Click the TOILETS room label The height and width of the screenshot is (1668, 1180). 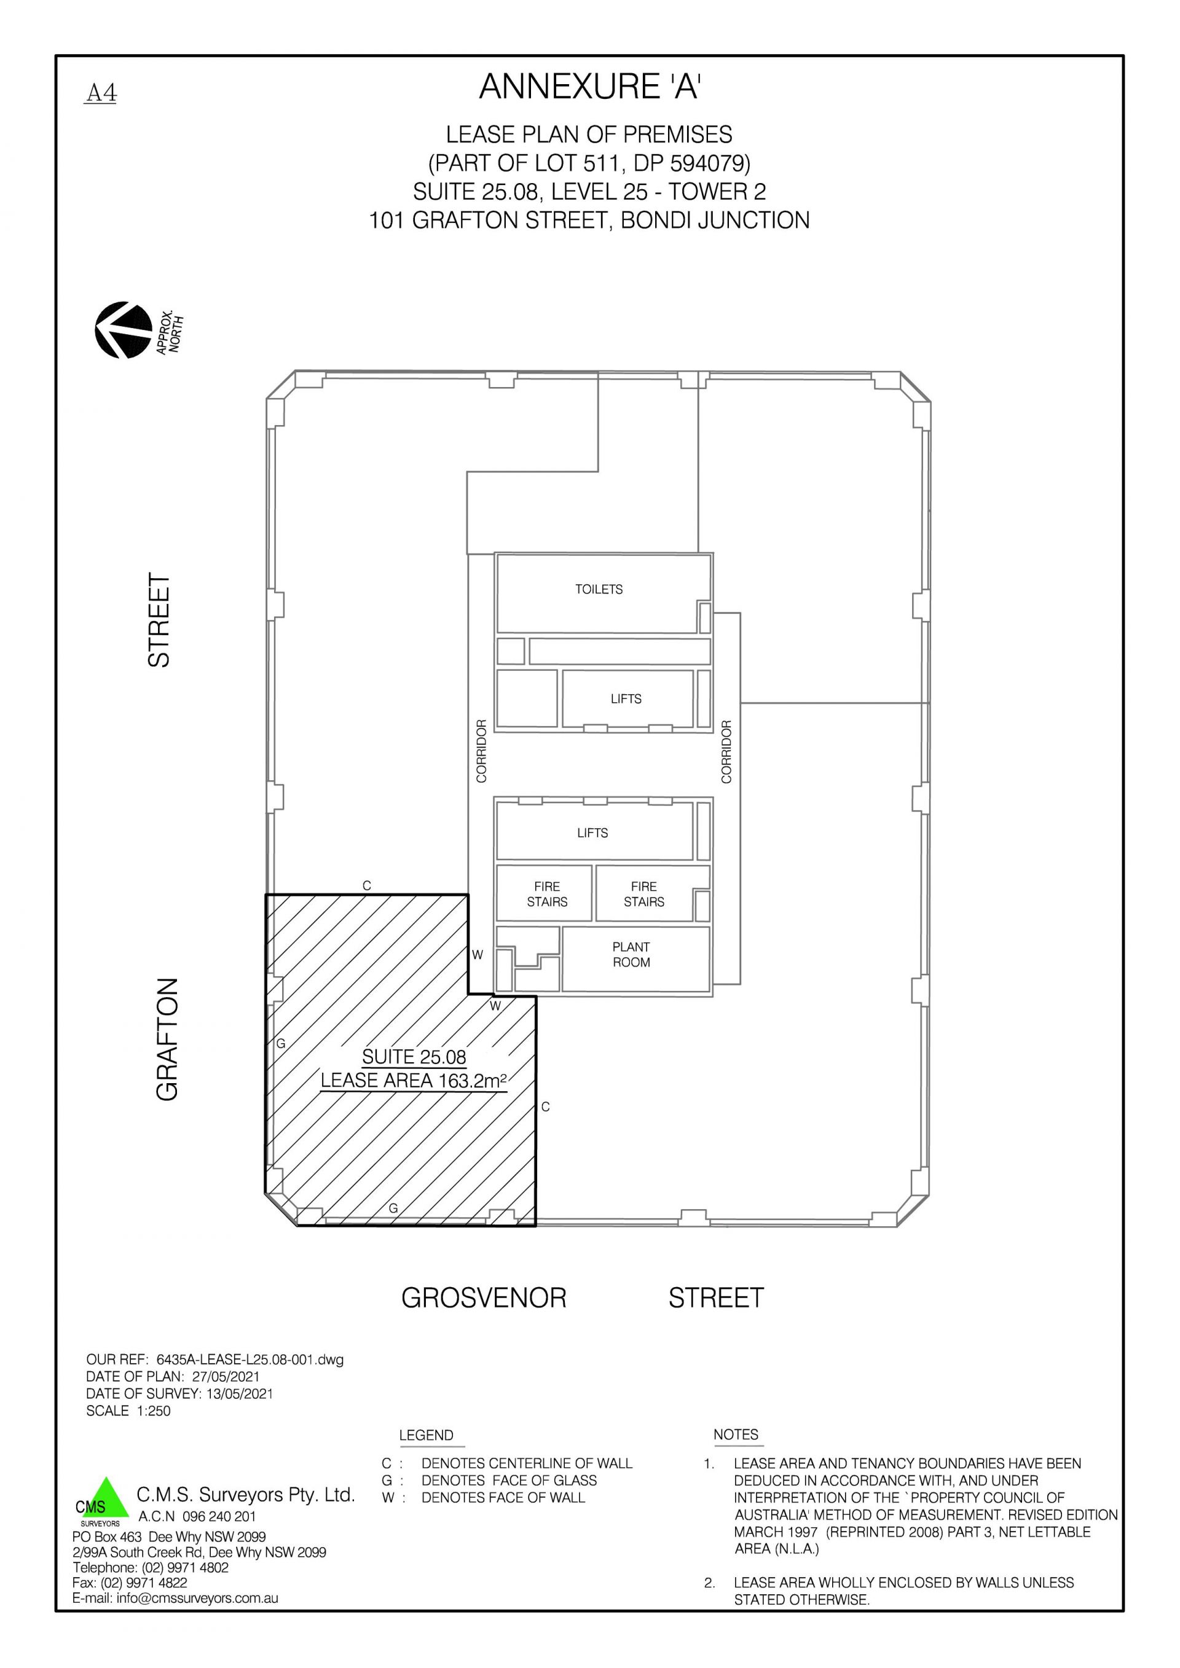click(599, 589)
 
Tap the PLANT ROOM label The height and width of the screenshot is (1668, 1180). click(631, 955)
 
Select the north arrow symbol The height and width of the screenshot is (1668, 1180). click(124, 330)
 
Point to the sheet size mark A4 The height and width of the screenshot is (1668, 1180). click(101, 93)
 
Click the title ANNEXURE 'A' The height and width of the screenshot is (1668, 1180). click(589, 87)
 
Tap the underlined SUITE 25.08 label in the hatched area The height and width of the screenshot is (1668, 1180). click(414, 1057)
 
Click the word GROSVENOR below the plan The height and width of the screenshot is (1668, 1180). click(484, 1298)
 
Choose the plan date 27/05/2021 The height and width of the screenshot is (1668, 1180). click(226, 1377)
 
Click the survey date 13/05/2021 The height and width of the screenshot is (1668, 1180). click(240, 1393)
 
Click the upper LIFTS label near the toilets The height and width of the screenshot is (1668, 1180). click(626, 699)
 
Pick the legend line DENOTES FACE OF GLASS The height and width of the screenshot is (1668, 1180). click(509, 1481)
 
